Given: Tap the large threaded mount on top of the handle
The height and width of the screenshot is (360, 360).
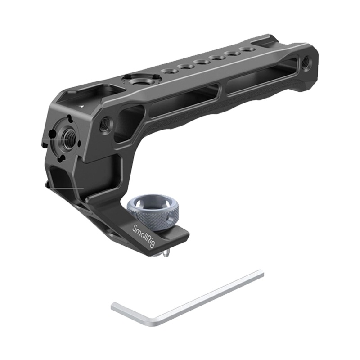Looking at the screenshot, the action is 135,81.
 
